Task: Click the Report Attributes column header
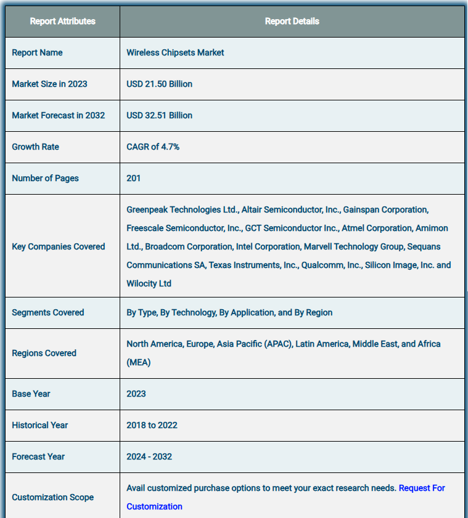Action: (x=62, y=21)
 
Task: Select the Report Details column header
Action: (x=292, y=21)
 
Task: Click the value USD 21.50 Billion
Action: (x=159, y=84)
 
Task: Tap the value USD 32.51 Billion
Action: (x=159, y=115)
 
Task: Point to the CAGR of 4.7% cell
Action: (x=153, y=147)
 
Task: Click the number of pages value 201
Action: (x=133, y=178)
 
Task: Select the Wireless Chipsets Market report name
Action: (x=175, y=52)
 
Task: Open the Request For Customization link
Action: (x=422, y=488)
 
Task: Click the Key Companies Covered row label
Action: (x=59, y=246)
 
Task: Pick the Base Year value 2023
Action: (x=136, y=394)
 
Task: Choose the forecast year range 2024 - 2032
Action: (x=149, y=456)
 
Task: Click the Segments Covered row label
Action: (x=48, y=312)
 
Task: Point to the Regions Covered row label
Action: (x=44, y=353)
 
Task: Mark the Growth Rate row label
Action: (x=36, y=147)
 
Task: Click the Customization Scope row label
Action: (x=53, y=497)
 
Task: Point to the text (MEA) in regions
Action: (x=138, y=362)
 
